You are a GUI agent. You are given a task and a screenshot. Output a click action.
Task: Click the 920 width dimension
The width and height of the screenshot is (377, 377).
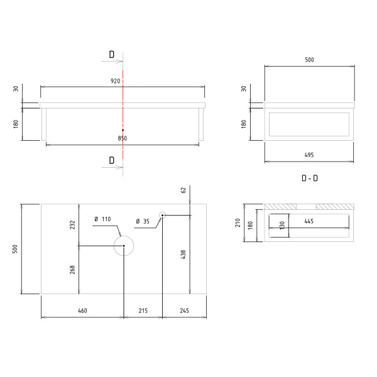[x=116, y=81]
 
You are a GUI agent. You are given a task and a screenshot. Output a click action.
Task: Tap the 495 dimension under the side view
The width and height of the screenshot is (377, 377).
[x=309, y=154]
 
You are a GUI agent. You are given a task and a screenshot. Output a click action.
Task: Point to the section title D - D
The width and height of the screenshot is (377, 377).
[x=309, y=178]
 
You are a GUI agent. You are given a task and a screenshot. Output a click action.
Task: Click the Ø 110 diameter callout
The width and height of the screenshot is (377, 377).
[x=102, y=219]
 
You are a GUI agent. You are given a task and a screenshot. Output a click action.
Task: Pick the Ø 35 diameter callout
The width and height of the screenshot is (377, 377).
[x=143, y=221]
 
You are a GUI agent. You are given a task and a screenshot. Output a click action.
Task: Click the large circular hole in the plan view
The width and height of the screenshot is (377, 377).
[x=124, y=246]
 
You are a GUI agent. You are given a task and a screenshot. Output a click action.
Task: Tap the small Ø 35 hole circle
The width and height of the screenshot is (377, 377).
[x=162, y=216]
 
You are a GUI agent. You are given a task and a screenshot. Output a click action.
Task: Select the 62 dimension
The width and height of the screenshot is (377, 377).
[x=183, y=189]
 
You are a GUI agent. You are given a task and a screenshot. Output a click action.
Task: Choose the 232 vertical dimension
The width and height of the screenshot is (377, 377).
[x=73, y=224]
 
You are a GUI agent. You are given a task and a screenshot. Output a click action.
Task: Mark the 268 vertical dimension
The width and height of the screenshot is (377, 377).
[x=73, y=269]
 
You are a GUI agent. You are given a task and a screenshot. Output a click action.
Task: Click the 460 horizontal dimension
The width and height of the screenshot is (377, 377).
[x=82, y=311]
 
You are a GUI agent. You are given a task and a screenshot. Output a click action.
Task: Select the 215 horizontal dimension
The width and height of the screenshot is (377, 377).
[x=143, y=311]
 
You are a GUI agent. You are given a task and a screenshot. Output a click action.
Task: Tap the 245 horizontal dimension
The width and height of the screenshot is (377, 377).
[x=184, y=311]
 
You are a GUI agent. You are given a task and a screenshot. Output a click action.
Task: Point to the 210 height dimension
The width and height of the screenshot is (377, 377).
[x=238, y=222]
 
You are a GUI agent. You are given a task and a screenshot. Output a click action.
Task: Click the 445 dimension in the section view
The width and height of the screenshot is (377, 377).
[x=309, y=221]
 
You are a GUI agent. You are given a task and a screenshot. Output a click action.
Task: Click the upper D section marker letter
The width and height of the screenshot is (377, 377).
[x=111, y=55]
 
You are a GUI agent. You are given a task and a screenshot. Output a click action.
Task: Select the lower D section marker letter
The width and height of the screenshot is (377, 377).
[x=111, y=160]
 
